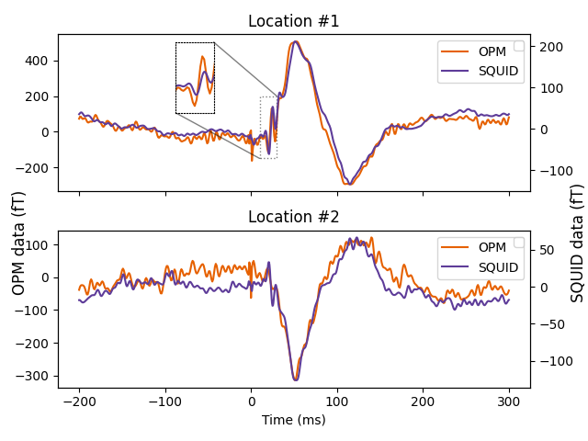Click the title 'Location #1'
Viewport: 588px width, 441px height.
coord(294,21)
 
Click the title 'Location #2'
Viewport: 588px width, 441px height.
coord(294,218)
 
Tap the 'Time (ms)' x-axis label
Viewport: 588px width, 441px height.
coord(294,420)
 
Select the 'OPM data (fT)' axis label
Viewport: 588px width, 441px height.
coord(18,249)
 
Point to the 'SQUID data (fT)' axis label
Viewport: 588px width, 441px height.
coord(577,243)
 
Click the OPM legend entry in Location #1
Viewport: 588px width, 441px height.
coord(478,51)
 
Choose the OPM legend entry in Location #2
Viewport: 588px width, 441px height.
coord(478,248)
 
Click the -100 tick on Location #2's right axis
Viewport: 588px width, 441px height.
coord(548,361)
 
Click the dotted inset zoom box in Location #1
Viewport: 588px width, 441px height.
coord(195,78)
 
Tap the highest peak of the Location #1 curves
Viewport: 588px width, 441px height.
coord(295,41)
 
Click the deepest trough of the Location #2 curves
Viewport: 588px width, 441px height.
coord(295,379)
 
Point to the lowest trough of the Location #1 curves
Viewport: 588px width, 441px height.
coord(348,184)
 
